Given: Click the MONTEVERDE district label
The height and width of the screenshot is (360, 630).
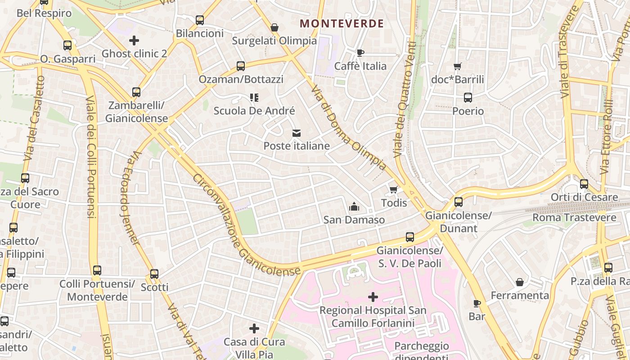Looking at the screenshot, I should click(x=342, y=23).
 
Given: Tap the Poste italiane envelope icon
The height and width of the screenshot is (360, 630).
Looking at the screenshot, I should click(x=296, y=133).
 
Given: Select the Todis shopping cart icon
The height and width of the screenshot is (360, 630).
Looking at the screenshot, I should click(x=394, y=189).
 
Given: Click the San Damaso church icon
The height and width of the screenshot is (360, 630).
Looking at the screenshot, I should click(x=354, y=207).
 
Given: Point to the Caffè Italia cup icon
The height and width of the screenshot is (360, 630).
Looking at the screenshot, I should click(x=360, y=53).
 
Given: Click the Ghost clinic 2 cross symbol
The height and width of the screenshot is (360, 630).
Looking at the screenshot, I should click(x=134, y=40).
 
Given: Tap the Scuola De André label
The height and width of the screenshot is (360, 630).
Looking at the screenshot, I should click(x=254, y=111).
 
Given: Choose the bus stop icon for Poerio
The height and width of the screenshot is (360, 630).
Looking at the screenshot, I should click(x=468, y=98).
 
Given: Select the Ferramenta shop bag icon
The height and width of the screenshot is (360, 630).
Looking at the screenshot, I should click(x=520, y=282).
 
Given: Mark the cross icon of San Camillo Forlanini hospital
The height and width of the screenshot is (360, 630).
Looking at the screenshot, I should click(x=373, y=297).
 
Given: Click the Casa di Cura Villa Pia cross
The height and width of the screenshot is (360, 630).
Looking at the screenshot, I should click(x=254, y=328).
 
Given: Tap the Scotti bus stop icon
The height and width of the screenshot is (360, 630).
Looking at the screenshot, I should click(x=154, y=274).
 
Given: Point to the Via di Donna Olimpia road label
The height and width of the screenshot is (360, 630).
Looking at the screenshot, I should click(x=348, y=128).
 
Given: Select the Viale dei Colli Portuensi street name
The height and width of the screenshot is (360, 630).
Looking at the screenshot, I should click(x=91, y=157).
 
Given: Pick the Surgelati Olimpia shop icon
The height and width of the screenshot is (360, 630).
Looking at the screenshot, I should click(x=274, y=28).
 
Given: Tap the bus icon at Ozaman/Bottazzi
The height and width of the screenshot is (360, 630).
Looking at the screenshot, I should click(x=241, y=66).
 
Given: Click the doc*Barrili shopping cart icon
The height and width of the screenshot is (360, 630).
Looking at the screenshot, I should click(x=458, y=67).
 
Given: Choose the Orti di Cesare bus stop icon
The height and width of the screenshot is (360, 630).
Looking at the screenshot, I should click(x=584, y=184).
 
